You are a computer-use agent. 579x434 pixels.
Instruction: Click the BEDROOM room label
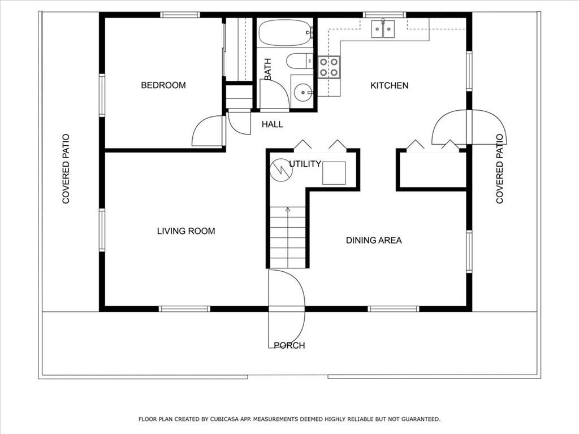pyautogui.click(x=163, y=85)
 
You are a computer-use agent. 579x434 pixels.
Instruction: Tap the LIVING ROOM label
pyautogui.click(x=185, y=231)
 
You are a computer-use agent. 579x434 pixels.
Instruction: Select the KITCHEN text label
pyautogui.click(x=389, y=85)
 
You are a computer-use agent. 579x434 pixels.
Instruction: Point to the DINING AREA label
pyautogui.click(x=374, y=240)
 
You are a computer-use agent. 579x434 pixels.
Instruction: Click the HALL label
pyautogui.click(x=272, y=124)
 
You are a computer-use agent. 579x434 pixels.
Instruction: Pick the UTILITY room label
pyautogui.click(x=305, y=164)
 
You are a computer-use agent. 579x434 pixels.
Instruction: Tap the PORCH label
pyautogui.click(x=289, y=345)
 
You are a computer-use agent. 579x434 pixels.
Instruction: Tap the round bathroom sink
pyautogui.click(x=304, y=91)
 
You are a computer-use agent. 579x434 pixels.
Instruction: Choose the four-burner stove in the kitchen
pyautogui.click(x=329, y=67)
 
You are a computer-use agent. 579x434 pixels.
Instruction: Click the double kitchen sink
pyautogui.click(x=383, y=29)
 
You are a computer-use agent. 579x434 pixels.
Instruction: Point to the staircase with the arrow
pyautogui.click(x=288, y=237)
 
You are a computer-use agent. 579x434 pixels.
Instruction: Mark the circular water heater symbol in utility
pyautogui.click(x=280, y=170)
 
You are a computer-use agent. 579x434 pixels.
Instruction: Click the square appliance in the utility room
pyautogui.click(x=334, y=173)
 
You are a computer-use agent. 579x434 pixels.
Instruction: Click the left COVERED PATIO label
pyautogui.click(x=66, y=168)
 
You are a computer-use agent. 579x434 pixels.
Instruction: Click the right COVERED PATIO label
pyautogui.click(x=499, y=168)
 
